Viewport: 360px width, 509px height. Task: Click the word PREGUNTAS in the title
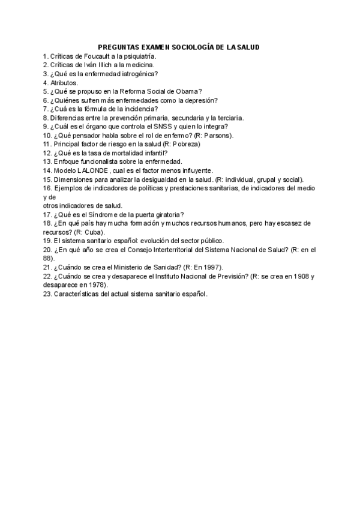click(118, 46)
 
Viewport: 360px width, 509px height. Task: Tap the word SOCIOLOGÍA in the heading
click(193, 46)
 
